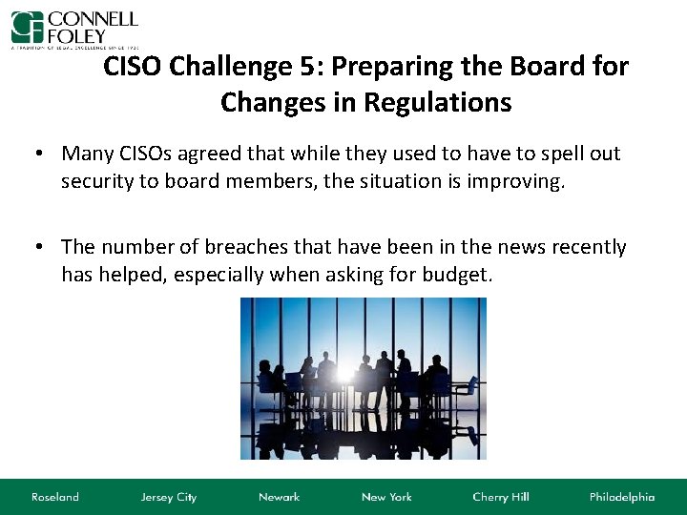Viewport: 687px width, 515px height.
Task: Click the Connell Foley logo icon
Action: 28,26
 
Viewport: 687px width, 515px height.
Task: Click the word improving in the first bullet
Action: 516,181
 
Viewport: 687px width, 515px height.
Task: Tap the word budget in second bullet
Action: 459,275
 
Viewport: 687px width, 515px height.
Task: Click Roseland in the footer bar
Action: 55,497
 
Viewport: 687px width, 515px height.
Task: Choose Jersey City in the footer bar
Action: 168,497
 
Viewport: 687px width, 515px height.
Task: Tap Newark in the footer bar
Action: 279,497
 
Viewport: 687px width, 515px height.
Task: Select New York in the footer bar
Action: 386,497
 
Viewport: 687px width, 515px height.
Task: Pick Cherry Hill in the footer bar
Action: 501,497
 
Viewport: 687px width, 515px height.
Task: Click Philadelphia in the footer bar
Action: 622,497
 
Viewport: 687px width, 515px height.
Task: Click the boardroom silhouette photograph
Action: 363,378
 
